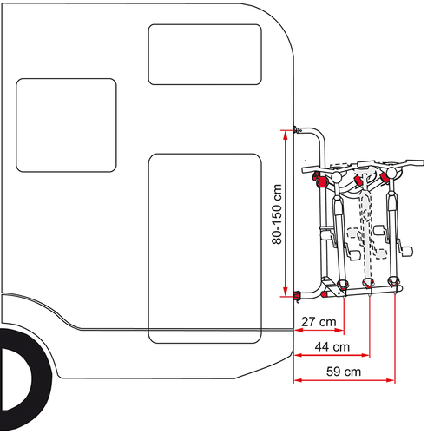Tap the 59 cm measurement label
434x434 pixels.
coord(345,372)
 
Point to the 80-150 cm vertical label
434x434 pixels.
coord(277,213)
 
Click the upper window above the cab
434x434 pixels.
coord(205,54)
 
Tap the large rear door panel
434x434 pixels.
coord(205,247)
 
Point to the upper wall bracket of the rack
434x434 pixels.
coord(299,128)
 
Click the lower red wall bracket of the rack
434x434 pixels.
coord(298,295)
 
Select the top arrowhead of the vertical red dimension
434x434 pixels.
coord(284,132)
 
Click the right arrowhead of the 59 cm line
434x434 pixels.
coord(394,379)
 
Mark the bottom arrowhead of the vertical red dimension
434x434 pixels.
coord(284,293)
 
